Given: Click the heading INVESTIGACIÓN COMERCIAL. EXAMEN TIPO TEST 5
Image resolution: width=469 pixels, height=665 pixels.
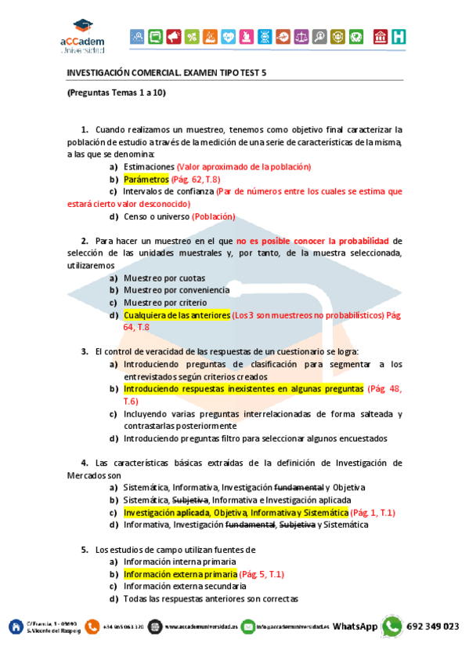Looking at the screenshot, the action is click(167, 72).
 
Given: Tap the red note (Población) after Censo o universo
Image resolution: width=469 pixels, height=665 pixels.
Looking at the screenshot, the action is click(211, 216).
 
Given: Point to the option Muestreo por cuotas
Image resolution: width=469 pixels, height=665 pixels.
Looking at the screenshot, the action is click(164, 278).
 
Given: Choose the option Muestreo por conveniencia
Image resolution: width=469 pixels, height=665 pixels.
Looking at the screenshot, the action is click(176, 289).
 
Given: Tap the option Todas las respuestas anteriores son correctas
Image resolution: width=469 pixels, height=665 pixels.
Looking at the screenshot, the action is click(211, 598).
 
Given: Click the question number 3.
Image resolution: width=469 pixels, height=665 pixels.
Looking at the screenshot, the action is click(84, 351).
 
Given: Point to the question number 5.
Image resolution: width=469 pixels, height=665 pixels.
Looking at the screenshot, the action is click(84, 549).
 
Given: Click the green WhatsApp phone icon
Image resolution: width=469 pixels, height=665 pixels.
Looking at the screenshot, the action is click(391, 627).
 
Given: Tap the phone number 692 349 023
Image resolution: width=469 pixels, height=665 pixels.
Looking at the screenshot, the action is click(433, 627).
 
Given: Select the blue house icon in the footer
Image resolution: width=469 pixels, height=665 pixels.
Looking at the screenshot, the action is click(15, 627).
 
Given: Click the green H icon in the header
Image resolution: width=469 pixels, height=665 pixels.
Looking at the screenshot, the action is click(399, 36).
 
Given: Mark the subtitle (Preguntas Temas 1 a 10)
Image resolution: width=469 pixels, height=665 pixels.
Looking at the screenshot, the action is click(116, 93).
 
